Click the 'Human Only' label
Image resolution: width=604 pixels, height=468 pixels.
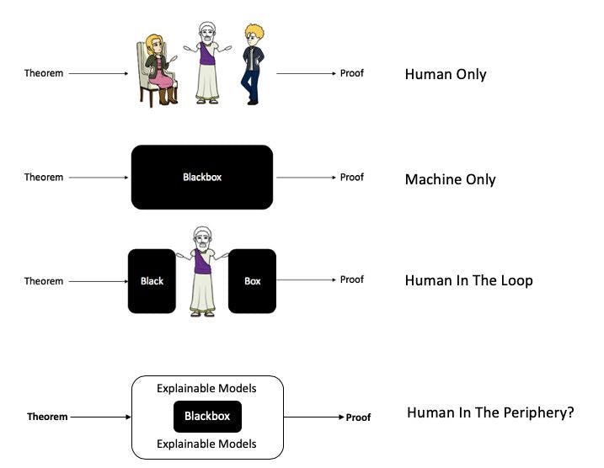click(446, 74)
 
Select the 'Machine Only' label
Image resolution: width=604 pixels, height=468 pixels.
click(450, 179)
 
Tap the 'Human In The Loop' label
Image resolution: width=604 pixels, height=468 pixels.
click(468, 280)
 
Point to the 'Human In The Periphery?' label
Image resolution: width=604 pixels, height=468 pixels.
click(490, 413)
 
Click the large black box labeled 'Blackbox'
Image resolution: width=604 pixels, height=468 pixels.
click(202, 177)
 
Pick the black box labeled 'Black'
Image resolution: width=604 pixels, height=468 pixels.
click(152, 281)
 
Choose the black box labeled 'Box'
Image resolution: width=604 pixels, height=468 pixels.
click(252, 281)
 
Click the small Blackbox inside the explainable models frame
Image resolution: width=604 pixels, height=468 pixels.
click(207, 417)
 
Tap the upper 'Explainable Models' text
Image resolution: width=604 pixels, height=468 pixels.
click(206, 389)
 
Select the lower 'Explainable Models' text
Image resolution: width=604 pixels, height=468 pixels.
click(206, 444)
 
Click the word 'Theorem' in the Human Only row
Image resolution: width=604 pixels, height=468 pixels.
click(44, 73)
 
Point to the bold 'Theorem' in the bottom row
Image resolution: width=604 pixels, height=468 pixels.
click(47, 417)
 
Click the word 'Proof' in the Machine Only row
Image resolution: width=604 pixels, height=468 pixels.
click(352, 177)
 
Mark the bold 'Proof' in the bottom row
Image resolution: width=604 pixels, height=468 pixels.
click(358, 417)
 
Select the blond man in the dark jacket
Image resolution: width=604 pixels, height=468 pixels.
click(252, 65)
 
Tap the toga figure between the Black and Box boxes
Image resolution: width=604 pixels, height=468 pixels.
click(201, 271)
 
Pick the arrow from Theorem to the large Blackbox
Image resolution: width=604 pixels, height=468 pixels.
click(98, 178)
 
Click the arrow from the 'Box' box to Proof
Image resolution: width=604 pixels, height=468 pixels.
click(305, 280)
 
